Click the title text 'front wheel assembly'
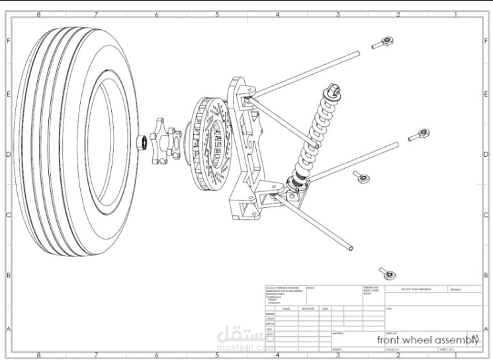427,339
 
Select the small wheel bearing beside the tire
140,142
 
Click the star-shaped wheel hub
165,140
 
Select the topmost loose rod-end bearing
384,44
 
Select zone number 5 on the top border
217,14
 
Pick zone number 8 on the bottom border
38,355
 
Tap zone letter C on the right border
487,215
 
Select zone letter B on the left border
8,275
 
